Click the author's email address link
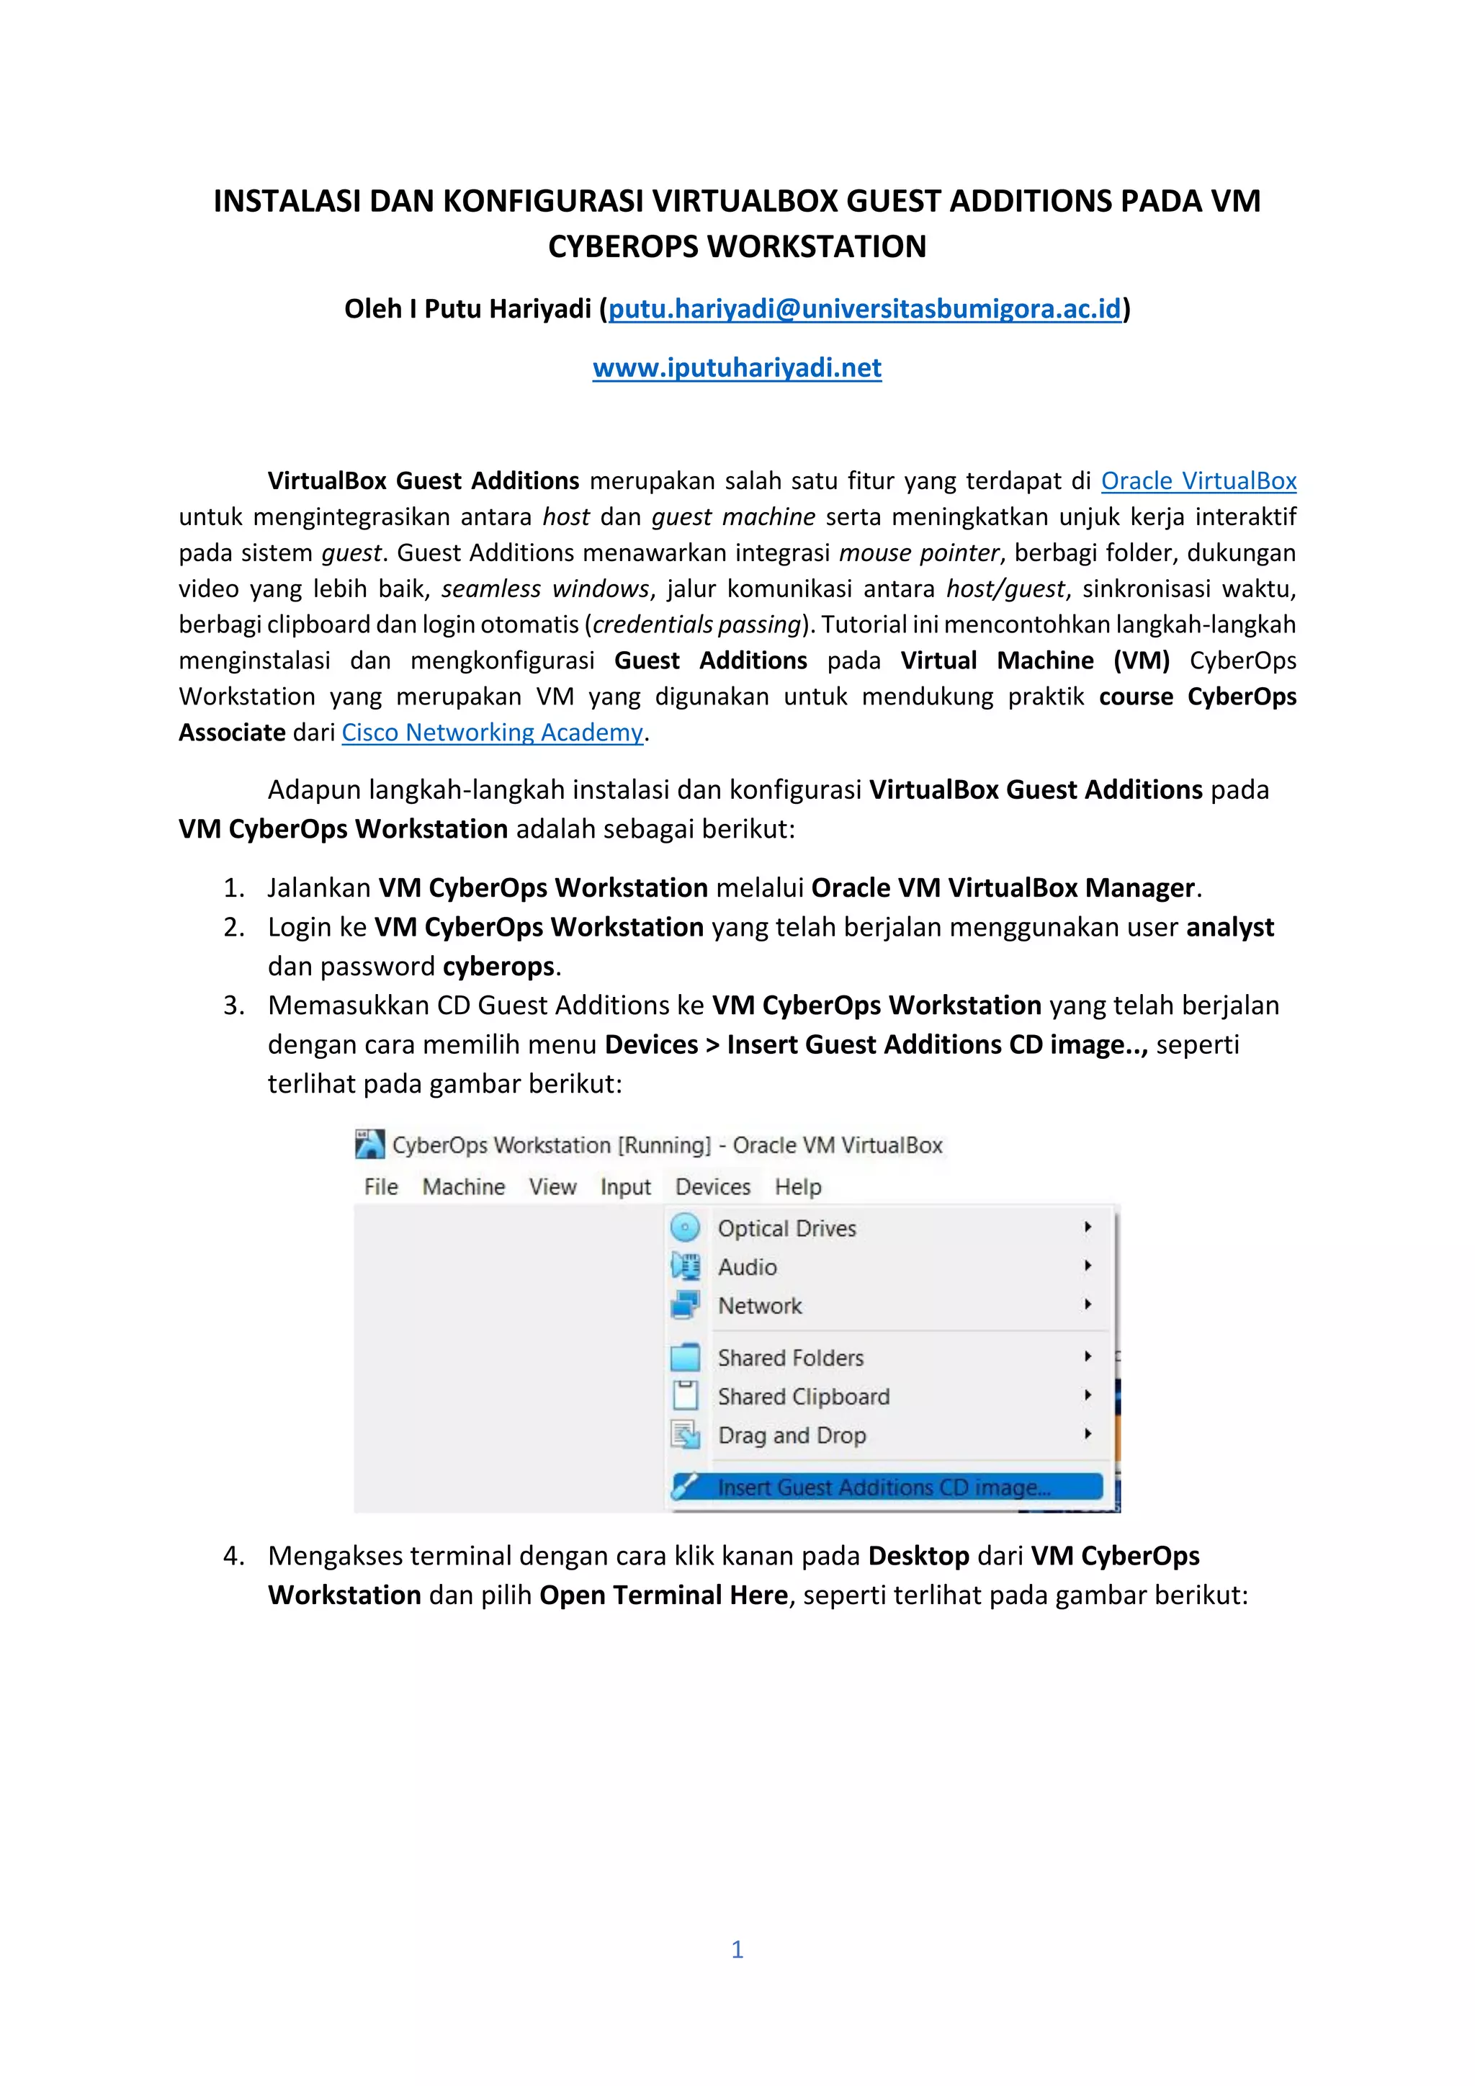click(x=865, y=309)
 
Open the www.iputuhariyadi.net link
click(x=737, y=368)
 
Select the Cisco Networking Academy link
click(x=493, y=733)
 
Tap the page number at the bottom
click(x=737, y=1949)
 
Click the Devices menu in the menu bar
click(x=713, y=1186)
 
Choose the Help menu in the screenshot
click(x=797, y=1186)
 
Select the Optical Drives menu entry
click(x=786, y=1228)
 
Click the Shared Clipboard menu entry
click(x=803, y=1397)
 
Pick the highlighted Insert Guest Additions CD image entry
click(x=883, y=1487)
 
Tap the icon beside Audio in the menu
click(x=686, y=1266)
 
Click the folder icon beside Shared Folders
click(x=686, y=1357)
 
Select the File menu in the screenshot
click(x=380, y=1186)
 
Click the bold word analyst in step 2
click(x=1230, y=927)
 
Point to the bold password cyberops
click(x=498, y=966)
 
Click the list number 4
click(x=233, y=1555)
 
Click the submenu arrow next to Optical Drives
click(x=1088, y=1227)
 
